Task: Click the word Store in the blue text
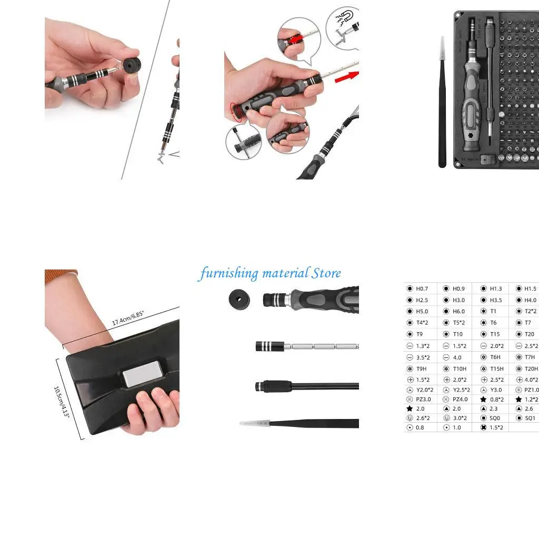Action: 326,273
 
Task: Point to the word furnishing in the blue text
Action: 228,274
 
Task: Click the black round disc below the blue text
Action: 239,300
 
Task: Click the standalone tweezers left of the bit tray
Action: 442,103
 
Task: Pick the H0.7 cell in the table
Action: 422,288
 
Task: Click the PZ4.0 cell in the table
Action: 458,399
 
